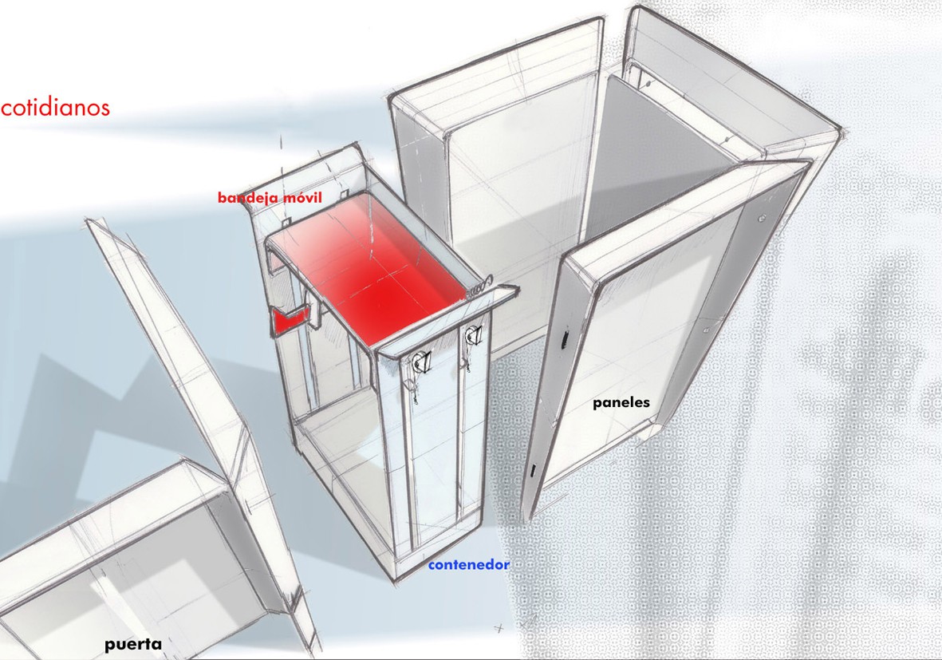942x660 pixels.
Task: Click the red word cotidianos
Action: [x=55, y=108]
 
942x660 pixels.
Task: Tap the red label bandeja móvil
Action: [x=270, y=198]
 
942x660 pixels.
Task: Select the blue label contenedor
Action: [x=468, y=565]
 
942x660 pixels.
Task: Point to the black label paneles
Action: [x=621, y=403]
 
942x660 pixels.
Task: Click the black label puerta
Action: [x=132, y=644]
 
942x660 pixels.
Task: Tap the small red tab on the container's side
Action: [x=290, y=318]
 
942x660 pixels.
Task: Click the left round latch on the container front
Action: [x=419, y=362]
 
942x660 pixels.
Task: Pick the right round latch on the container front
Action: [x=474, y=334]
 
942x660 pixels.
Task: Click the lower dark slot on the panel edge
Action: [x=533, y=471]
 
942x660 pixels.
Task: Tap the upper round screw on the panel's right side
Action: [x=763, y=218]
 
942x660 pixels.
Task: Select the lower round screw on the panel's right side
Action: [x=707, y=330]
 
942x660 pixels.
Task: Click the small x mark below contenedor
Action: [x=498, y=629]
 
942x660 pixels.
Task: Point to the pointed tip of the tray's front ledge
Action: [x=518, y=288]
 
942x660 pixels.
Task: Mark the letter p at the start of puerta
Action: [x=109, y=646]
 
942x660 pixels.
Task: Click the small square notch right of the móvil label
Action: [x=345, y=196]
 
